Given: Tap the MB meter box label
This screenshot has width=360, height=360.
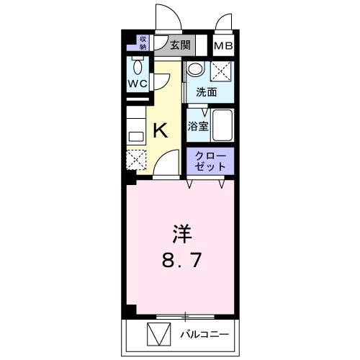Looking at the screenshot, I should pyautogui.click(x=224, y=46).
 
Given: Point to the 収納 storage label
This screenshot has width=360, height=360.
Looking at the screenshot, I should pyautogui.click(x=143, y=42).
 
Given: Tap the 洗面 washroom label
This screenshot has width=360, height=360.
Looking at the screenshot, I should pyautogui.click(x=207, y=92).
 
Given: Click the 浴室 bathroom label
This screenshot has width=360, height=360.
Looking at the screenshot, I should pyautogui.click(x=197, y=126).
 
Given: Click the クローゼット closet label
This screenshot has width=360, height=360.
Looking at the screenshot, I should pyautogui.click(x=210, y=161).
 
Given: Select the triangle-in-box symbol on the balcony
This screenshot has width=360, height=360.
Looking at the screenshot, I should pyautogui.click(x=156, y=335).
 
